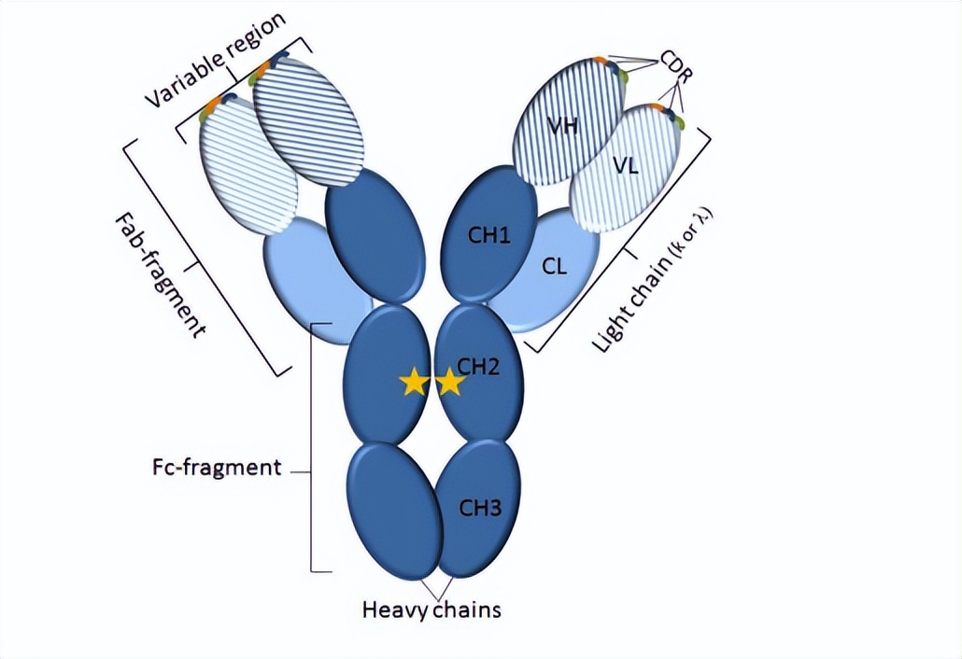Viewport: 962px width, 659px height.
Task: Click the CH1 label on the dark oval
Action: pos(489,236)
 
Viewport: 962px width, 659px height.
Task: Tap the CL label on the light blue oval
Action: pos(554,267)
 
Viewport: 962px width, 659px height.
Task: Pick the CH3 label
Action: pos(480,508)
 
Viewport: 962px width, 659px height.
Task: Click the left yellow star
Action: pos(414,381)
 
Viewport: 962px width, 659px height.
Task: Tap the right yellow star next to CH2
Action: pos(449,381)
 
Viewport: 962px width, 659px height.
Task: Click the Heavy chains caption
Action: pos(431,610)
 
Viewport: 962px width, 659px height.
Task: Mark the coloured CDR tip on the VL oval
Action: pos(673,116)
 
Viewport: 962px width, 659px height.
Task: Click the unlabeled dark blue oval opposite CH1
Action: pos(375,233)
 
